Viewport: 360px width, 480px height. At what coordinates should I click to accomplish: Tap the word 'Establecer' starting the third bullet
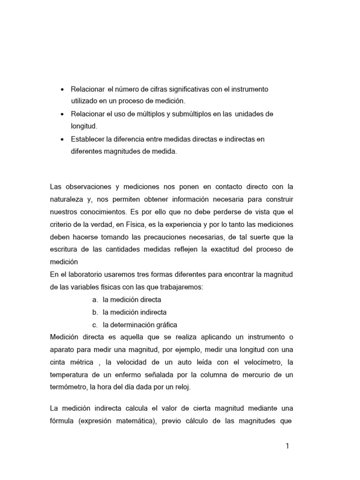click(87, 139)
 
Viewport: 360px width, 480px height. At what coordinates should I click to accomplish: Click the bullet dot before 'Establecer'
click(63, 139)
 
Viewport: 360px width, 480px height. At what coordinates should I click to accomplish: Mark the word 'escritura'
click(63, 249)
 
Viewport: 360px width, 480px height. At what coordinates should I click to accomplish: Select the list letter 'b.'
click(95, 312)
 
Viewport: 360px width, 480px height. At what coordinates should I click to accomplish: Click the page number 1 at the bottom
click(287, 446)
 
